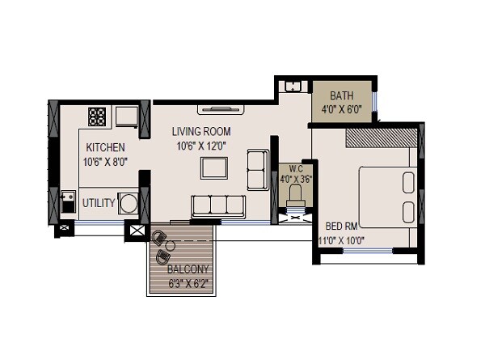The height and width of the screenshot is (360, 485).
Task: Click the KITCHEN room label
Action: (x=105, y=147)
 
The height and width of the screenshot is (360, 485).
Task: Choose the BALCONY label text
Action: (x=188, y=269)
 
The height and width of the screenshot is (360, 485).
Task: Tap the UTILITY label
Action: (x=99, y=202)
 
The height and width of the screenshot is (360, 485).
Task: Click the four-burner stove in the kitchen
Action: (x=99, y=116)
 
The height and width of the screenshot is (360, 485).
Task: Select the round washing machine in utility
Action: (x=129, y=202)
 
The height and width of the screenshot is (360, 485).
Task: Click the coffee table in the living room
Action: (x=214, y=167)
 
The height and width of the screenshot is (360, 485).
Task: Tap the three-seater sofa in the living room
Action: (x=218, y=205)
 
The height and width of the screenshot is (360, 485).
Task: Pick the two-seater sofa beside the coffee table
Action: (x=258, y=168)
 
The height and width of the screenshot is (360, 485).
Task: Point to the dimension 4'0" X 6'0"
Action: (x=341, y=107)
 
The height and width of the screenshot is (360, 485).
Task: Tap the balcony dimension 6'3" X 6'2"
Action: (x=188, y=283)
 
